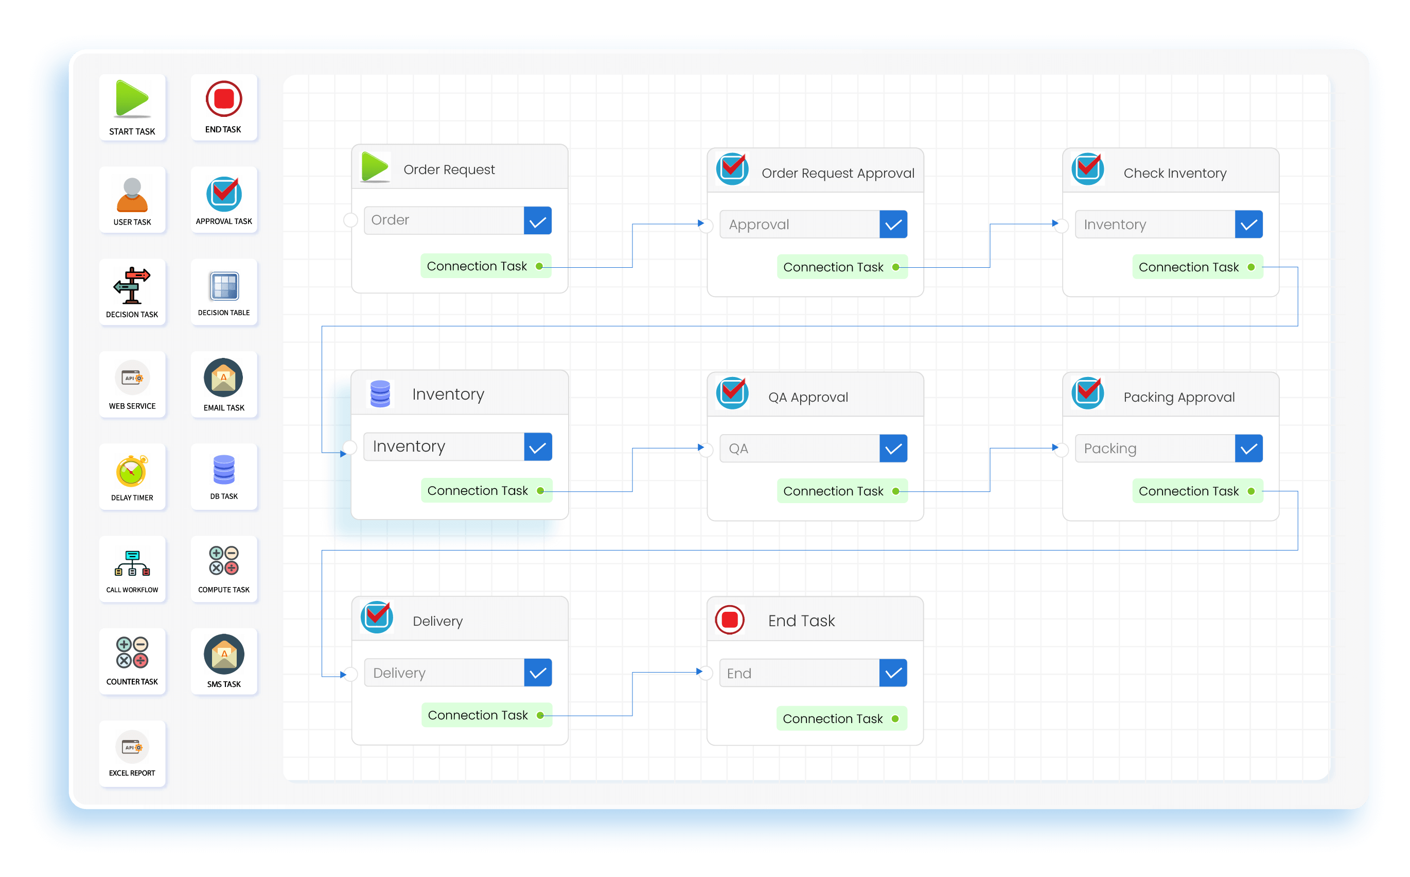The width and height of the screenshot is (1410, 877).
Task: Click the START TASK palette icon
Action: [132, 99]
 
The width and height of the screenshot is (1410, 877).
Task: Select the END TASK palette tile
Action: [224, 107]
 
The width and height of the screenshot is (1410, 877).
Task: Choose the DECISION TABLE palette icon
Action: [224, 286]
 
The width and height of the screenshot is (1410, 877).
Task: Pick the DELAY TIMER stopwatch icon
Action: [132, 471]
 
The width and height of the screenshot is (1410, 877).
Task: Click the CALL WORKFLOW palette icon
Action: [132, 563]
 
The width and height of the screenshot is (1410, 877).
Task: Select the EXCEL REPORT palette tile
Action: [132, 753]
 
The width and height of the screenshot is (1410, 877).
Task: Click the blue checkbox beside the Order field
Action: [537, 221]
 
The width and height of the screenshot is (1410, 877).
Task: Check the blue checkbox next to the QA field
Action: [893, 449]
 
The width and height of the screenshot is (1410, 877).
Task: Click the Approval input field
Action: [799, 225]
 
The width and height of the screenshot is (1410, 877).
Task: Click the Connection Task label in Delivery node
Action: [478, 715]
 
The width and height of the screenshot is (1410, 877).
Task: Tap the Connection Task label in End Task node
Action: [832, 719]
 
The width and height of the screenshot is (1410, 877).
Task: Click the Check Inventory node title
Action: [1175, 173]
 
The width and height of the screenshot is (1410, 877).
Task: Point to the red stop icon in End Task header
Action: [730, 620]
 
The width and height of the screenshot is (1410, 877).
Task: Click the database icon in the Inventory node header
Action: [380, 394]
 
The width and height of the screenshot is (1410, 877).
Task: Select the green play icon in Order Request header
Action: [375, 167]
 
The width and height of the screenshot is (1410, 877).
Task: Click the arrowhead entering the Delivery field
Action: [343, 675]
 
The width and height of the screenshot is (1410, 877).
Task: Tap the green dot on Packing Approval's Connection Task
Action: [1250, 491]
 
